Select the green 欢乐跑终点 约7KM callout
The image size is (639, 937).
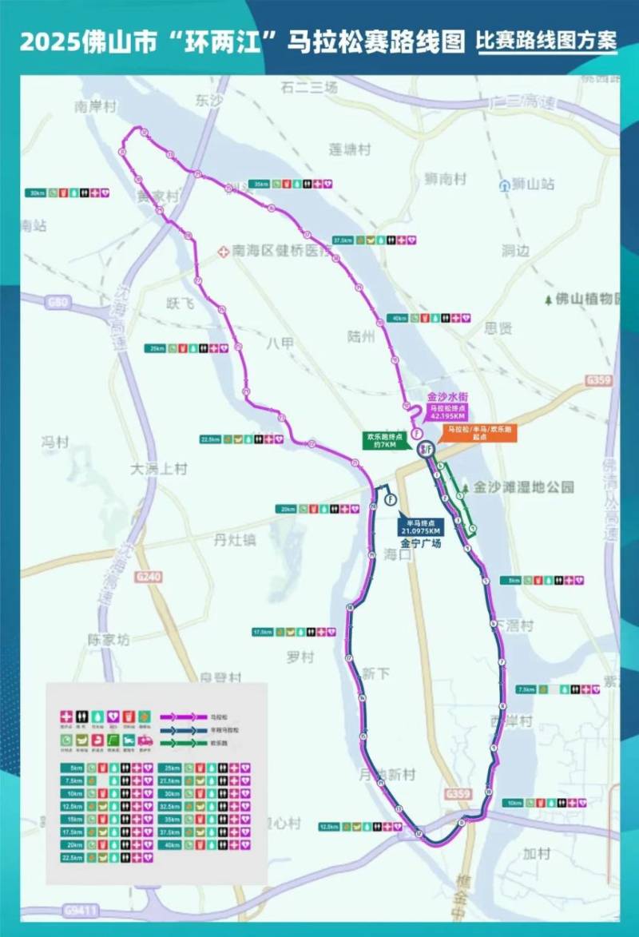(382, 441)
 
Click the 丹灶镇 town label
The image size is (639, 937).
(235, 540)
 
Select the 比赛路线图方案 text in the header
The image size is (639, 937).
(546, 41)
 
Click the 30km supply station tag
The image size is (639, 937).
(36, 193)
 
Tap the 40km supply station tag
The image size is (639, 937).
(398, 318)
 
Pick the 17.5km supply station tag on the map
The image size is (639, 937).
(263, 632)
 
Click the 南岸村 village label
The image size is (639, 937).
(95, 106)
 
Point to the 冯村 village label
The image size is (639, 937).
(55, 442)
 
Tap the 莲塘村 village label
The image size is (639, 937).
(350, 149)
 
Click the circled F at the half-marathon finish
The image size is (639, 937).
(391, 500)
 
